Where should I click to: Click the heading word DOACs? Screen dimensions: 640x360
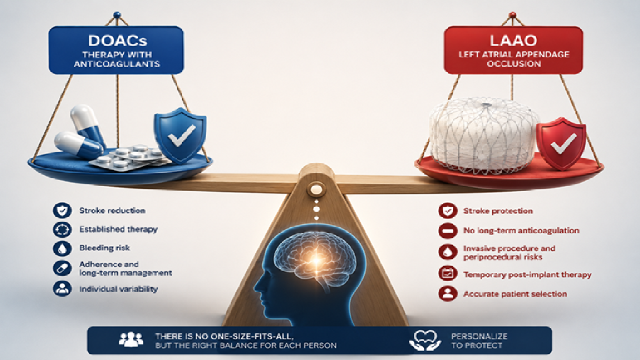click(117, 41)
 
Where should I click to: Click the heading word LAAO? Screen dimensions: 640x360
click(513, 41)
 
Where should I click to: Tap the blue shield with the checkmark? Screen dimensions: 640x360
click(180, 134)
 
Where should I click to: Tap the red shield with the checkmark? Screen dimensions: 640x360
click(561, 143)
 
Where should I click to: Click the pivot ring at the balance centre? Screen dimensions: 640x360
click(316, 190)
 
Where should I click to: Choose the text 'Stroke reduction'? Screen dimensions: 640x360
click(112, 211)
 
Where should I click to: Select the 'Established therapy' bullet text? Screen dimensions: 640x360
click(118, 229)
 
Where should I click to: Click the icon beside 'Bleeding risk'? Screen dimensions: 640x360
click(62, 248)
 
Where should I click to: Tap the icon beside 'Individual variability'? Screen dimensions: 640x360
click(62, 288)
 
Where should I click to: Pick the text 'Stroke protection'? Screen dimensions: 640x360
click(498, 211)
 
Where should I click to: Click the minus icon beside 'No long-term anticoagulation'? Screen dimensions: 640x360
click(448, 231)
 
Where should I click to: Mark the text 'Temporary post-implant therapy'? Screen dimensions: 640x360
click(527, 274)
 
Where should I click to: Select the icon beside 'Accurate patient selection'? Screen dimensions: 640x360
click(448, 294)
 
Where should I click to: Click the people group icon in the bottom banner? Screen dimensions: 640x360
click(131, 339)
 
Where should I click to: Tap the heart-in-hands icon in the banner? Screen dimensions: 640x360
click(425, 340)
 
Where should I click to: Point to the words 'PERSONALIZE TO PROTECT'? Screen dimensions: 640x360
click(479, 341)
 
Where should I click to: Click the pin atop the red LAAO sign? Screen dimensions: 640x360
click(513, 16)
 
